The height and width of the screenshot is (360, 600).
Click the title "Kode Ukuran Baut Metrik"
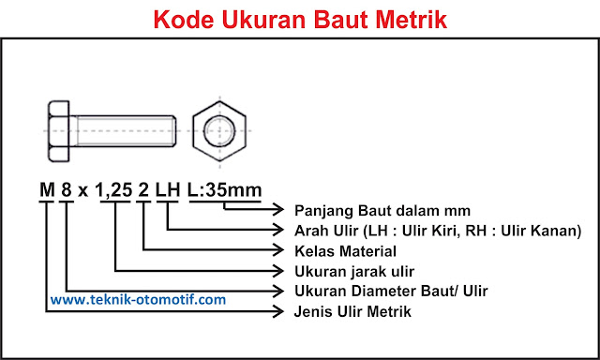point(300,19)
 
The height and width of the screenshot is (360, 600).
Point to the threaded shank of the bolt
point(122,126)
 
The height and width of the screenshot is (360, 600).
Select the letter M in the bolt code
point(46,190)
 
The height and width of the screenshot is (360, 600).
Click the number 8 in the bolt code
point(67,190)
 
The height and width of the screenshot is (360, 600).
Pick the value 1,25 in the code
point(115,190)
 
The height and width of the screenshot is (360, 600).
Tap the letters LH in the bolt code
point(168,190)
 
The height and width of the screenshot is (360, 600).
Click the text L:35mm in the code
point(225,190)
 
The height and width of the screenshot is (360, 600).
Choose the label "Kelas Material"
point(345,250)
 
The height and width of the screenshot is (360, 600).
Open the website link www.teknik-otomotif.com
point(138,300)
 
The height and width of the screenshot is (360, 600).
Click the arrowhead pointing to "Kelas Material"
point(280,250)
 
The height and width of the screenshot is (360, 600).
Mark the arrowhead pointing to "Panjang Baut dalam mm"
point(280,210)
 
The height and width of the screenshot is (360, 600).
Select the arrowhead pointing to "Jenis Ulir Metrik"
point(280,310)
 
